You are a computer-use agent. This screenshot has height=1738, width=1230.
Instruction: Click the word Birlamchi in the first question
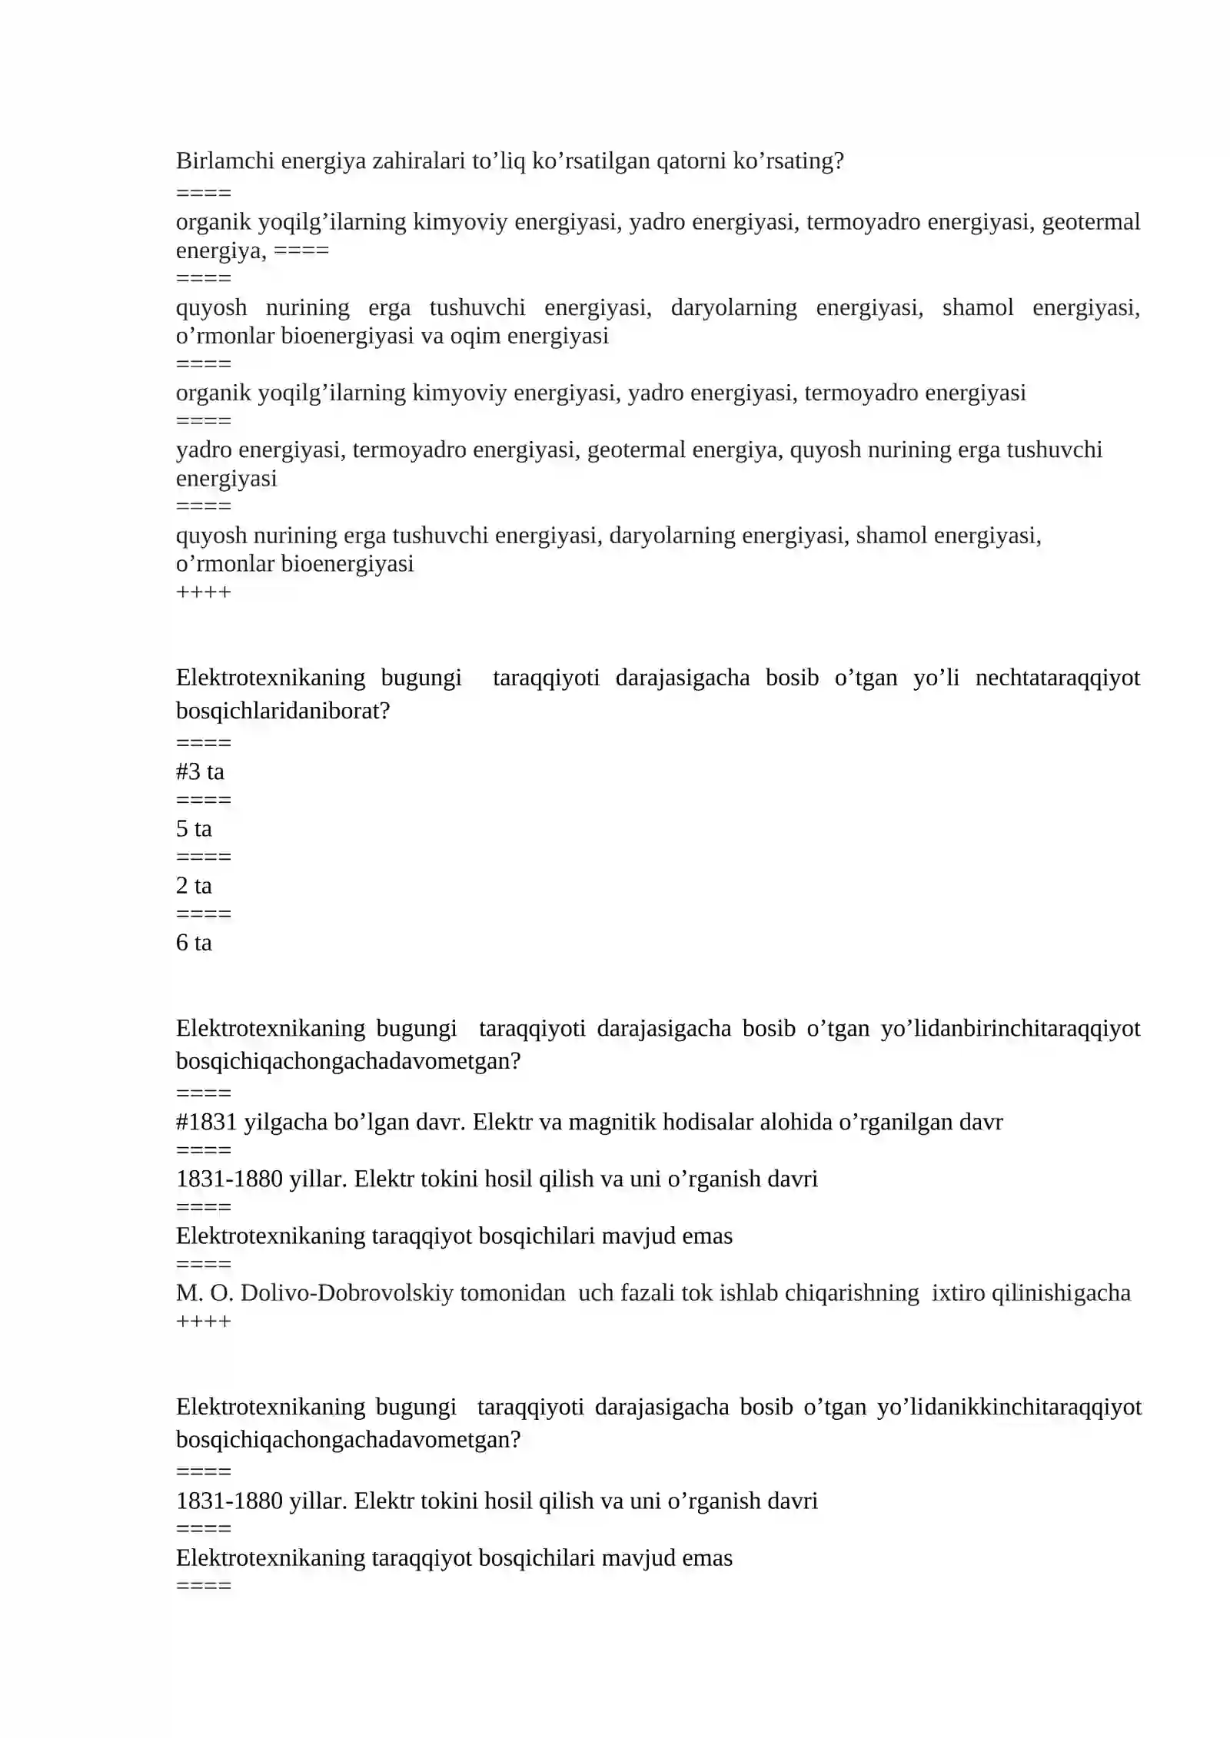pos(225,161)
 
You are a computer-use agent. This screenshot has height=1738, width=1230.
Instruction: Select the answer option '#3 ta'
pos(200,771)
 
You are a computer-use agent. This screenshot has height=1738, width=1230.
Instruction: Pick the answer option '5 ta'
pos(194,828)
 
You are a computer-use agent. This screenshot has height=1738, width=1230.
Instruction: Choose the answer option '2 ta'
pos(194,885)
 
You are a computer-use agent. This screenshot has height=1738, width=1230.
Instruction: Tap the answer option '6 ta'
pos(194,942)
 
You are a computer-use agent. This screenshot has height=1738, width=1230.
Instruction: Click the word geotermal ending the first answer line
pos(1091,222)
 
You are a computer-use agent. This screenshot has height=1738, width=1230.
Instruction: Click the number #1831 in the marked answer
pos(207,1122)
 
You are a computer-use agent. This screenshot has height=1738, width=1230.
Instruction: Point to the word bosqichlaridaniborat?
pos(283,711)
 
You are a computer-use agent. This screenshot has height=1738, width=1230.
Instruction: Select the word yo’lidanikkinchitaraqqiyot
pos(1009,1406)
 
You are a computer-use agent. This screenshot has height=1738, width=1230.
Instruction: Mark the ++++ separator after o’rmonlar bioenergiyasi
pos(203,592)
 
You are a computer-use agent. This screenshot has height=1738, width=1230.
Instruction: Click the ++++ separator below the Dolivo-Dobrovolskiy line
pos(203,1321)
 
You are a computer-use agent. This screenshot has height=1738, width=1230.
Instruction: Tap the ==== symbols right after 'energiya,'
pos(301,250)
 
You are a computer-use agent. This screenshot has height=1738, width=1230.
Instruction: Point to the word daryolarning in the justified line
pos(733,307)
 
